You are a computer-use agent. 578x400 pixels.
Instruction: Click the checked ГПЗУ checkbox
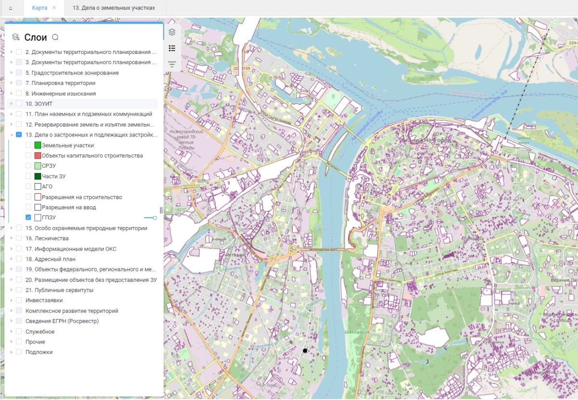[x=28, y=218]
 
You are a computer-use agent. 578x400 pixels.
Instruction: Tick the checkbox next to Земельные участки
[x=28, y=145]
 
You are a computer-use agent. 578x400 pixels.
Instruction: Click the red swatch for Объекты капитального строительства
[x=38, y=156]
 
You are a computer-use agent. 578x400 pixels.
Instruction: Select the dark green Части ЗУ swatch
[x=38, y=176]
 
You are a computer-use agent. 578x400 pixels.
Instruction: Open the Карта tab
[x=39, y=8]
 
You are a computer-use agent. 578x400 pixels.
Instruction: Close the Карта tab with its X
[x=54, y=8]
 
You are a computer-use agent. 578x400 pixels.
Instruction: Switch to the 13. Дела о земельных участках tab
[x=114, y=8]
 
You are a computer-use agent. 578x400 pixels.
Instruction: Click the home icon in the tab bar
[x=11, y=8]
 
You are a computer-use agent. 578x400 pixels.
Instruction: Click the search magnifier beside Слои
[x=55, y=38]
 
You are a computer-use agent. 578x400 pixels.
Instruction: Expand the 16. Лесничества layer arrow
[x=11, y=239]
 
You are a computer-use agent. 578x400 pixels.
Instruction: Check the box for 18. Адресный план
[x=19, y=259]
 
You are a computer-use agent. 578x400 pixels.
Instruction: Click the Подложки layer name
[x=39, y=352]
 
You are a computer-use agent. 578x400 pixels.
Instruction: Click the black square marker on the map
[x=305, y=350]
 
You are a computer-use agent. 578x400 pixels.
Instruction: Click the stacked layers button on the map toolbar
[x=172, y=32]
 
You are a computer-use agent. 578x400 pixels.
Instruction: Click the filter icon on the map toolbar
[x=172, y=64]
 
